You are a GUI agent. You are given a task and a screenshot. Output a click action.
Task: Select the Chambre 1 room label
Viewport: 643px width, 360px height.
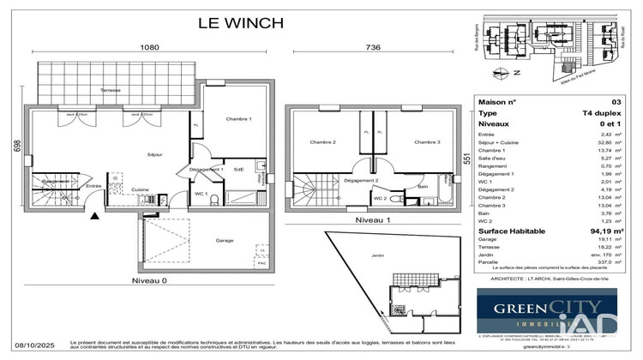[x=237, y=118]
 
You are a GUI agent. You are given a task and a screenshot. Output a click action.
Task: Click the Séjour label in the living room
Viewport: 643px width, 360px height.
[x=156, y=154]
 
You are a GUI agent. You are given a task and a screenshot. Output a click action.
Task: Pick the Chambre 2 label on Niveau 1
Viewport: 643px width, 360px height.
[x=322, y=141]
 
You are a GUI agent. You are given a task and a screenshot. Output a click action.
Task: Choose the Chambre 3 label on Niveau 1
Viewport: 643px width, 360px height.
[x=427, y=141]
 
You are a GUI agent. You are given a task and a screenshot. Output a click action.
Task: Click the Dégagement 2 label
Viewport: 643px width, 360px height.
[x=361, y=181]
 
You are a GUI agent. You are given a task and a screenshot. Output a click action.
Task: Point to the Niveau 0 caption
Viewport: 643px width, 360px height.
[x=150, y=280]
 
